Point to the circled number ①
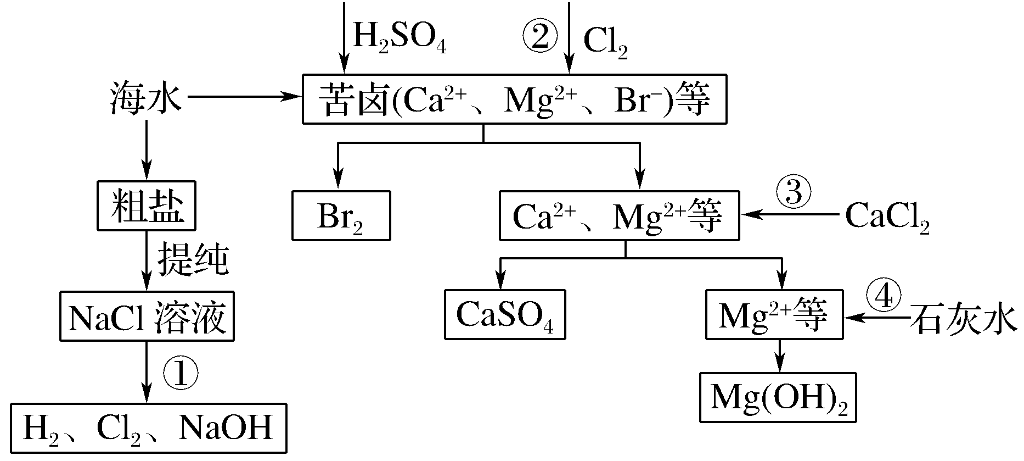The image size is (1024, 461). pyautogui.click(x=180, y=374)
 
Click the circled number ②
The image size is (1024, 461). pyautogui.click(x=539, y=36)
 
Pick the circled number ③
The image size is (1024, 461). pyautogui.click(x=792, y=193)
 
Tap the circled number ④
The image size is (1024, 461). pyautogui.click(x=883, y=297)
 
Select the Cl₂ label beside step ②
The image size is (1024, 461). pyautogui.click(x=605, y=41)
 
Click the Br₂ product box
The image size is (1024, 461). pyautogui.click(x=341, y=216)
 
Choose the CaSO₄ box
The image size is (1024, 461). pyautogui.click(x=504, y=314)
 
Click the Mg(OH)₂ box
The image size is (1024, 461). pyautogui.click(x=778, y=398)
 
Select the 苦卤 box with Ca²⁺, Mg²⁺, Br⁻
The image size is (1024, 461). pyautogui.click(x=514, y=99)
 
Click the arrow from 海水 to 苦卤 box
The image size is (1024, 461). pyautogui.click(x=244, y=97)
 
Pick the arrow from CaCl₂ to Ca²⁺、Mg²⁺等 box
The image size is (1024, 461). pyautogui.click(x=790, y=215)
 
